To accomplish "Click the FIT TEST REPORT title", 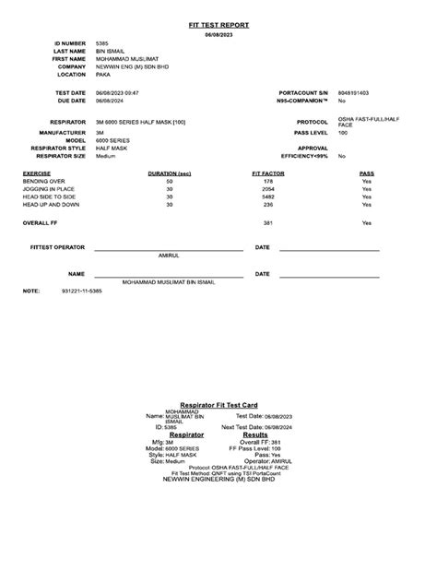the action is point(218,25).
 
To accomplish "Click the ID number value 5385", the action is point(101,43).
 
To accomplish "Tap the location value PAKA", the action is point(102,74).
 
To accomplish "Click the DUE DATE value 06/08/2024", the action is point(111,101).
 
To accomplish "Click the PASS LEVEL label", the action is point(311,133).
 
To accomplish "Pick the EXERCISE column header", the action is point(37,173).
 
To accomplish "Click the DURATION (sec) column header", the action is point(169,173).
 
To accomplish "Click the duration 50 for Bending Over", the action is point(169,182).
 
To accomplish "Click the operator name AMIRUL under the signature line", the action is point(169,255).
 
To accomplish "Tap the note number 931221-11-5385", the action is point(81,291).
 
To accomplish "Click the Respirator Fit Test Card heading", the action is point(218,405).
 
